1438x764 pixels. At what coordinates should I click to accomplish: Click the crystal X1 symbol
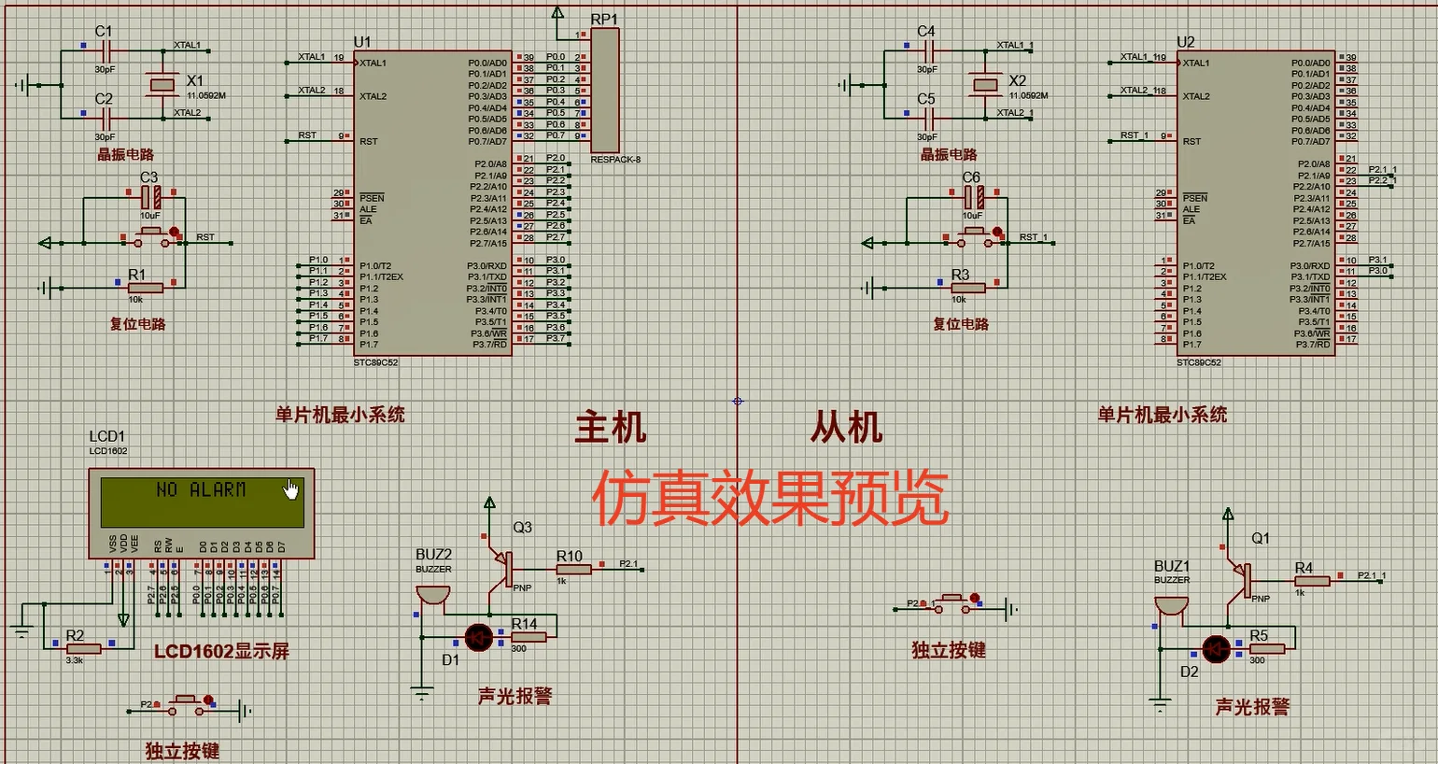pyautogui.click(x=162, y=85)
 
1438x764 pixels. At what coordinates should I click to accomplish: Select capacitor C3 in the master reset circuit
pyautogui.click(x=150, y=197)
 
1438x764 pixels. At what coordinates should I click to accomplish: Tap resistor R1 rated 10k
pyautogui.click(x=145, y=288)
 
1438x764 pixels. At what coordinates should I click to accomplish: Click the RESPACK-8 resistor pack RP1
pyautogui.click(x=604, y=91)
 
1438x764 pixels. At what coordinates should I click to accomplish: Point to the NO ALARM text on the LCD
pyautogui.click(x=201, y=489)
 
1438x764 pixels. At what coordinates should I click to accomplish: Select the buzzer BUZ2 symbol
pyautogui.click(x=432, y=595)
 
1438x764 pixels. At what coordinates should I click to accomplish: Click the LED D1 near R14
pyautogui.click(x=479, y=638)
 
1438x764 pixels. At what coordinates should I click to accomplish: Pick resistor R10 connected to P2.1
pyautogui.click(x=572, y=569)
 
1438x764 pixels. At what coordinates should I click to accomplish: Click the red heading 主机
pyautogui.click(x=611, y=428)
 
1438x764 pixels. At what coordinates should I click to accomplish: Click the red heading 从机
pyautogui.click(x=846, y=428)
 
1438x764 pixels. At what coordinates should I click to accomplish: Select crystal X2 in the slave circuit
pyautogui.click(x=985, y=85)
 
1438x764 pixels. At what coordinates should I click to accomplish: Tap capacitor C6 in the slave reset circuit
pyautogui.click(x=974, y=197)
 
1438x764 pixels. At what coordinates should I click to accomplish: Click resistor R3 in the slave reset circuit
pyautogui.click(x=967, y=288)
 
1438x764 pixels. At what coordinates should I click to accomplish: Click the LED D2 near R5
pyautogui.click(x=1216, y=649)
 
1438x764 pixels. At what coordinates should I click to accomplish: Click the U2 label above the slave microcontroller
pyautogui.click(x=1185, y=42)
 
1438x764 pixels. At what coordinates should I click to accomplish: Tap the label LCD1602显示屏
pyautogui.click(x=221, y=651)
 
